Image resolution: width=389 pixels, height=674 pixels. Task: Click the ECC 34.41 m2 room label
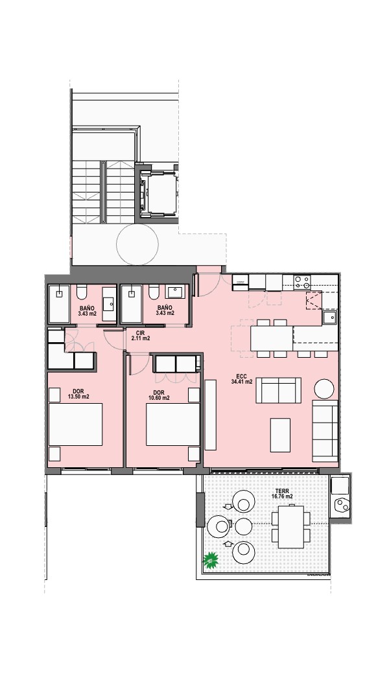point(242,378)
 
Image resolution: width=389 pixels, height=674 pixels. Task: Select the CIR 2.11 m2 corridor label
point(140,335)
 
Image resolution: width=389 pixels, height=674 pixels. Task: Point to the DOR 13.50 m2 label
point(78,394)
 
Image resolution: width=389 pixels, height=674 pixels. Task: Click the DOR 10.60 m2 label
point(159,395)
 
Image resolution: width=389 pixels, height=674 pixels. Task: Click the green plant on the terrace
point(211,560)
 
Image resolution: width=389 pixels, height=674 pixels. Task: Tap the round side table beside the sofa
point(324,389)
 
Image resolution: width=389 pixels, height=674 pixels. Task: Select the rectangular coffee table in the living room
point(280,435)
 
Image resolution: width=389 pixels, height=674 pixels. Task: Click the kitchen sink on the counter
point(330,318)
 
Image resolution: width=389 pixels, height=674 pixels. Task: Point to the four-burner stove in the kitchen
point(302,282)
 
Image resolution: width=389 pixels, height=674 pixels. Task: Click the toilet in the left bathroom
point(82,293)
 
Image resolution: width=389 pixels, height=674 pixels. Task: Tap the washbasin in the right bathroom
point(175,292)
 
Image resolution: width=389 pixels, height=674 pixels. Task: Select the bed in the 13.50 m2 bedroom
point(76,424)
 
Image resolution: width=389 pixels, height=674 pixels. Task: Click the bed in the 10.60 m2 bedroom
point(173,424)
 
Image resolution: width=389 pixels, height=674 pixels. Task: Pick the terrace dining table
point(291,526)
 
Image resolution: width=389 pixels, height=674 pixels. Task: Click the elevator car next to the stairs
point(157,192)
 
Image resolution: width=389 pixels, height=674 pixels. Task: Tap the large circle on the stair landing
point(137,244)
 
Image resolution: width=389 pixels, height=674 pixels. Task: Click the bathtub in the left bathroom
point(59,304)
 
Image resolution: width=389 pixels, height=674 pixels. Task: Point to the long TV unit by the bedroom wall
point(211,415)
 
